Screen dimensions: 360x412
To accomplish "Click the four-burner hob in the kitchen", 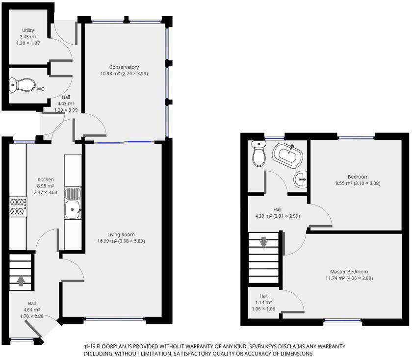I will [18, 206].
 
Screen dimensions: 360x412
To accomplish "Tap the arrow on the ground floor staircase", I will [21, 281].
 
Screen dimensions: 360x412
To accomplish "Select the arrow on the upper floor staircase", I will [263, 242].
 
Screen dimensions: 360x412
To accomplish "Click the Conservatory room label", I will [124, 67].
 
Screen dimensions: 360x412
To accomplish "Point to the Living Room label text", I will [121, 234].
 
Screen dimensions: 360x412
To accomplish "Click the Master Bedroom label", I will [349, 272].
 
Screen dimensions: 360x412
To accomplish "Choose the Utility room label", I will [28, 30].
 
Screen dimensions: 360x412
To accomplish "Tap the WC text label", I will [41, 89].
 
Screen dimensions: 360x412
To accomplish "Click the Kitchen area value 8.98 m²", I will [46, 186].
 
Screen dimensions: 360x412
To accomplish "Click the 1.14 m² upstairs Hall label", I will [263, 302].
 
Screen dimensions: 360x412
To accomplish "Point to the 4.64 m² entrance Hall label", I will [31, 310].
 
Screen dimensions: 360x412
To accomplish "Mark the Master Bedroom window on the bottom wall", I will [343, 321].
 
